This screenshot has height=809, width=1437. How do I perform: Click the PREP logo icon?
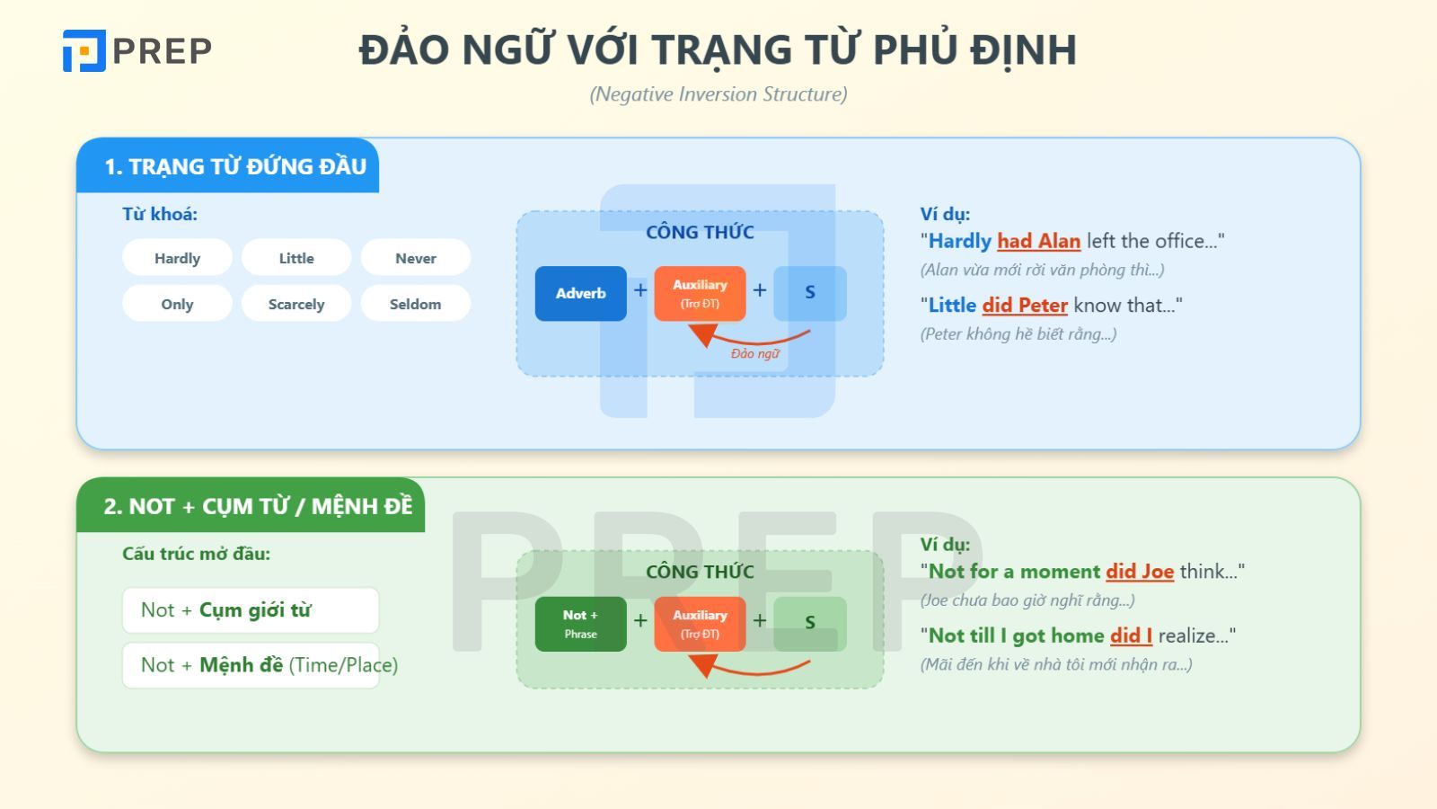pos(84,50)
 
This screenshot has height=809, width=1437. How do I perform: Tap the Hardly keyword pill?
pos(177,258)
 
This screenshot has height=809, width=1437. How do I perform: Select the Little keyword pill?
pos(296,258)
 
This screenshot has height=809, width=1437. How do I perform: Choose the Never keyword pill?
pos(415,258)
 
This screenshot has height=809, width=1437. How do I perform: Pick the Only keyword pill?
pos(177,304)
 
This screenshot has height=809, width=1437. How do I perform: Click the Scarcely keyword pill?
pos(296,304)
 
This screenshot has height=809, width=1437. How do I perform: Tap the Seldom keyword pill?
pos(415,304)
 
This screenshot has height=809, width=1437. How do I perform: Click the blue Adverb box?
pos(580,293)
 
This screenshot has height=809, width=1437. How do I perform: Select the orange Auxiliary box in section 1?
pos(700,293)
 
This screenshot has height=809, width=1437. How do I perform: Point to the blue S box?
pos(810,293)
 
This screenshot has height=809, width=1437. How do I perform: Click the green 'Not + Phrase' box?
pos(580,624)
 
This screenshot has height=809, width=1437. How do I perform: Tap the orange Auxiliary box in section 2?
pos(700,624)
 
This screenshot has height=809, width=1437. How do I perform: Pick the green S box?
pos(810,624)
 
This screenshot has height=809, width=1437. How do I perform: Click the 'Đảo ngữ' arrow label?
pos(754,353)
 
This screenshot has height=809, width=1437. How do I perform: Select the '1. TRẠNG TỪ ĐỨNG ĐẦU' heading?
pos(235,166)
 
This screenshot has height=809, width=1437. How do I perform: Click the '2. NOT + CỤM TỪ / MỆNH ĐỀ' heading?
pos(258,506)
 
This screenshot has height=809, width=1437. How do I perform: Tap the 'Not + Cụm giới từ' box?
pos(250,610)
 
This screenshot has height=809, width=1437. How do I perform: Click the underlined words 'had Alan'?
pos(1038,241)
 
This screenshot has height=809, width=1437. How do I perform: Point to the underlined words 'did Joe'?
pos(1140,572)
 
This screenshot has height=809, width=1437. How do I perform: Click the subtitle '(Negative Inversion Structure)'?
pos(718,94)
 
